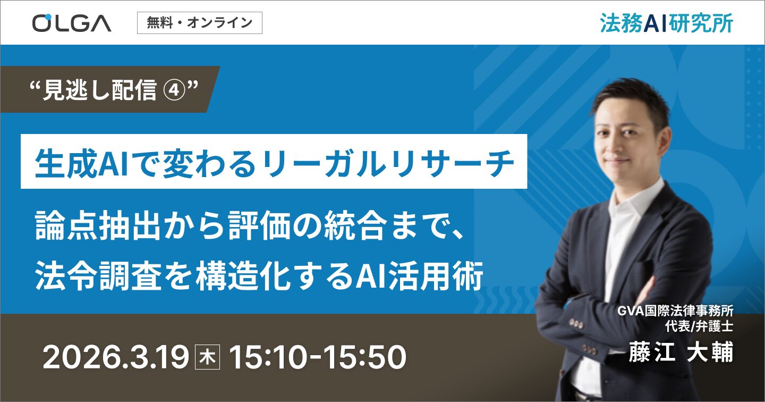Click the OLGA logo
pos(71,23)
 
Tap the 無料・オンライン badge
pos(199,23)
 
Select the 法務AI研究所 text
pos(666,23)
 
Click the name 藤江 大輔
pos(681,353)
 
